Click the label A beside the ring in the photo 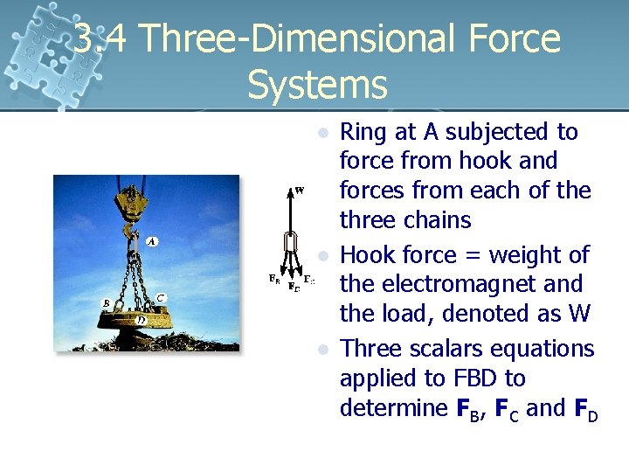pyautogui.click(x=152, y=241)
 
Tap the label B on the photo pyautogui.click(x=106, y=303)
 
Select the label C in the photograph pyautogui.click(x=161, y=298)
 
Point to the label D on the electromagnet pyautogui.click(x=142, y=320)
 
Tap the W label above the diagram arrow pyautogui.click(x=300, y=190)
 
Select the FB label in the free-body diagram pyautogui.click(x=273, y=280)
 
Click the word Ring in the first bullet pyautogui.click(x=362, y=132)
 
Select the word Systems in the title pyautogui.click(x=316, y=85)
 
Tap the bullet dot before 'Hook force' pyautogui.click(x=323, y=256)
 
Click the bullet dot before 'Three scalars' pyautogui.click(x=323, y=350)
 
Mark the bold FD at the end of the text pyautogui.click(x=585, y=409)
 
